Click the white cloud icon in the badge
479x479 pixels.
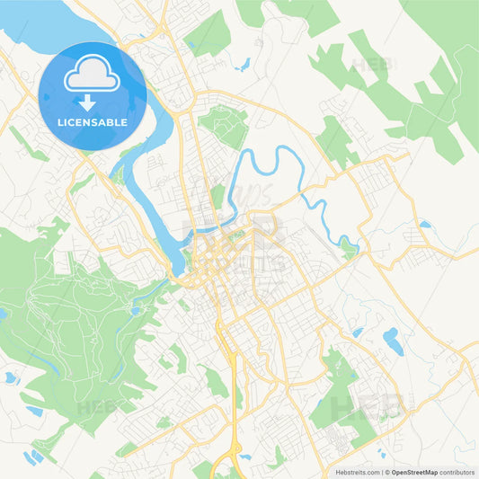click(x=93, y=77)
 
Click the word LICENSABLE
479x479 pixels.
click(x=93, y=121)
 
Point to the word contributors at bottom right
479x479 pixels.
click(x=458, y=472)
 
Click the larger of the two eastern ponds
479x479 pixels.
click(x=393, y=341)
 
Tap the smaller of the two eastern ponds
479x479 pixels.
click(x=359, y=333)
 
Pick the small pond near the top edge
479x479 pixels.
click(x=244, y=64)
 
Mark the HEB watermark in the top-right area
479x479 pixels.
click(x=368, y=65)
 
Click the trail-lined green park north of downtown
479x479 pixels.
click(x=224, y=126)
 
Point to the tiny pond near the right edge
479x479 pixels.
click(x=423, y=224)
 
